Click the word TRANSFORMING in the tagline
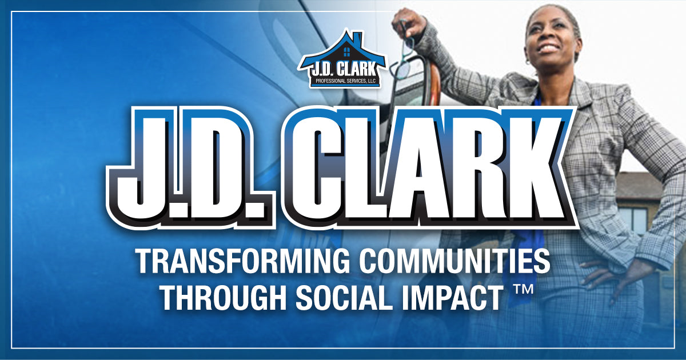pos(241,262)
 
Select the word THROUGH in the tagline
pos(223,297)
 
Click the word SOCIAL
pos(344,297)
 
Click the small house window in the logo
pos(346,52)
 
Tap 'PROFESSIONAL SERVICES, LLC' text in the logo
pos(345,81)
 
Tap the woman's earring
pos(528,62)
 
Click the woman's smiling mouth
pos(548,49)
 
